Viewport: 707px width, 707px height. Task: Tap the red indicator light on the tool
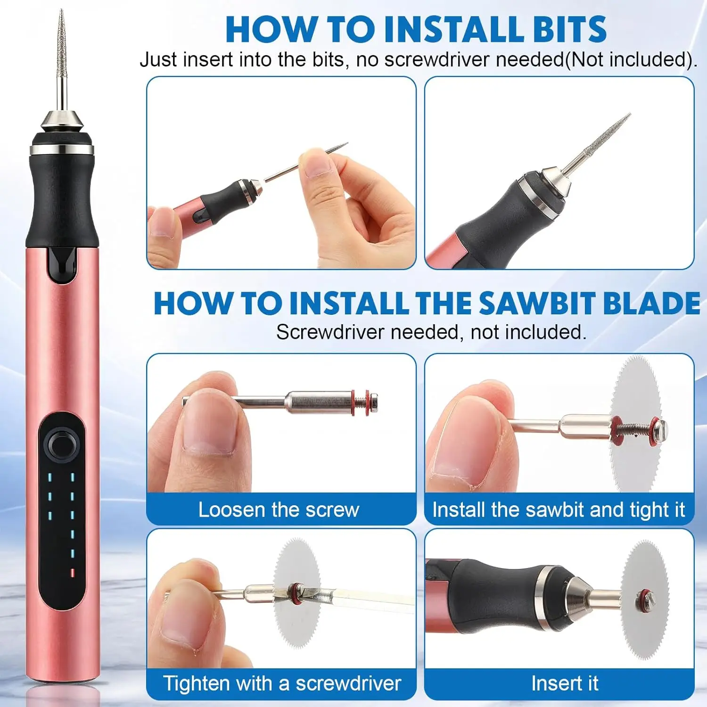(x=72, y=573)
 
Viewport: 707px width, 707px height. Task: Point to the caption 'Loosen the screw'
(x=279, y=510)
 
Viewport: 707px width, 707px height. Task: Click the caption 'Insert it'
(x=565, y=683)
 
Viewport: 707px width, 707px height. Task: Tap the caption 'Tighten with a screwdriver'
(x=282, y=683)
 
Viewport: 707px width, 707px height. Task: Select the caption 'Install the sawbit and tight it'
(x=559, y=510)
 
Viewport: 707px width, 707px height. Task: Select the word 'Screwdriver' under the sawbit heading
(x=330, y=332)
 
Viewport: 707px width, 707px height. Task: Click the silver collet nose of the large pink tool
(x=62, y=121)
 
